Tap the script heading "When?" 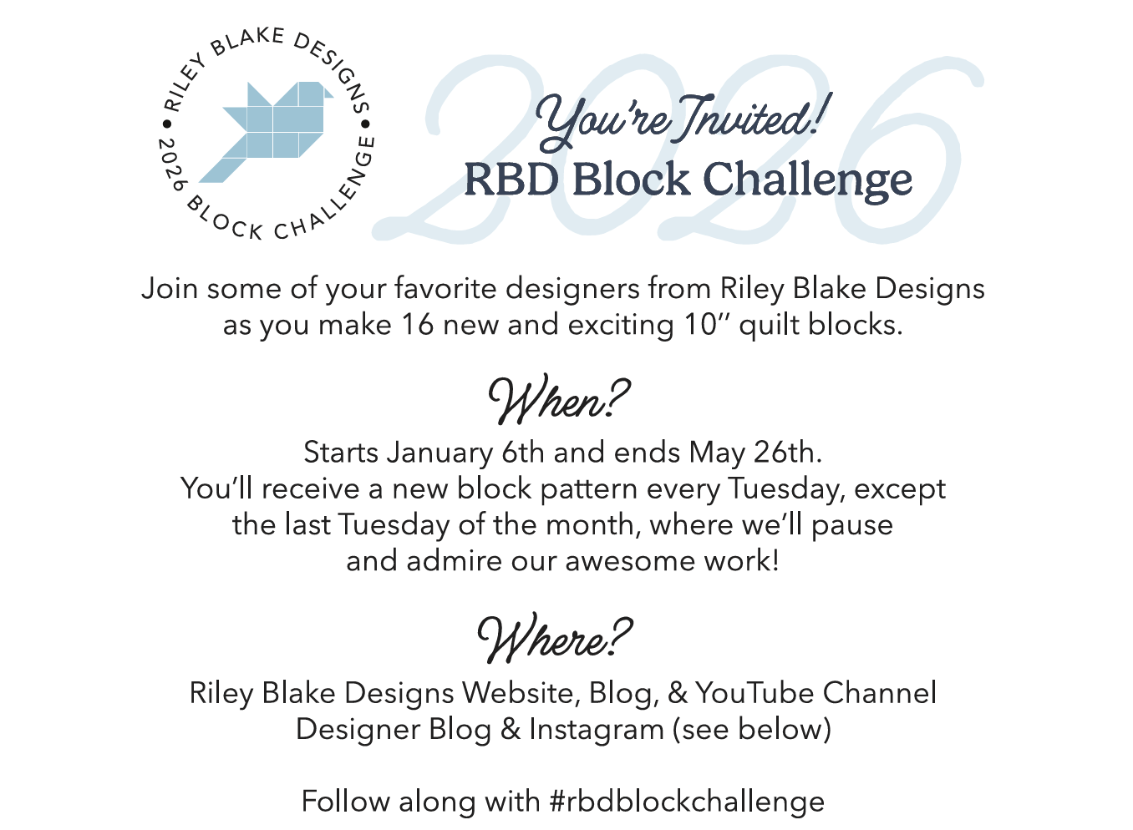(558, 400)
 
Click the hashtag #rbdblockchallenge (687, 802)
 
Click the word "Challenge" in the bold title (807, 180)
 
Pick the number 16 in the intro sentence (417, 325)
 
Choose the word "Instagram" (596, 730)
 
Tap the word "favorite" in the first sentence (446, 289)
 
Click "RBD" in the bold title (511, 180)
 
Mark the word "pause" (852, 525)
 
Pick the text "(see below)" (752, 730)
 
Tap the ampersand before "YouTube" (677, 693)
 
